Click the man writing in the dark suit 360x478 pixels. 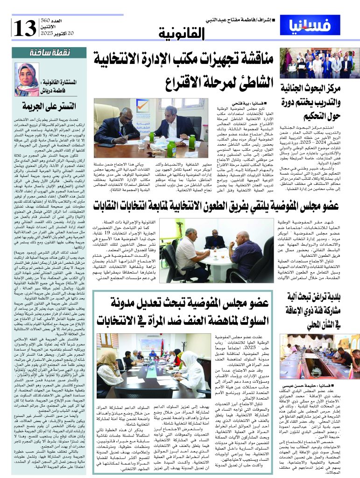(111, 128)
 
